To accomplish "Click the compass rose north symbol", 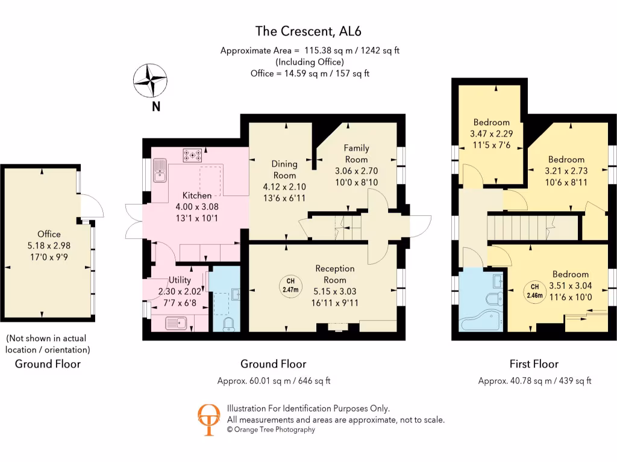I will [x=150, y=81].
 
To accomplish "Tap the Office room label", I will [x=49, y=234].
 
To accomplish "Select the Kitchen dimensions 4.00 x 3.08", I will [x=197, y=206].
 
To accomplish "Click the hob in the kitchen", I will [x=192, y=155].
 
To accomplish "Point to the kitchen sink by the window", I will [x=160, y=170].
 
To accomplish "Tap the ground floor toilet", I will [x=229, y=325].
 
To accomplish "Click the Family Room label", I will [x=356, y=153].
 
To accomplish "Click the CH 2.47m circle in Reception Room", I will [x=290, y=285].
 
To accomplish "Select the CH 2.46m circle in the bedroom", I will [x=534, y=291].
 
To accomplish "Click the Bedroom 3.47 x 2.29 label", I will [x=491, y=122].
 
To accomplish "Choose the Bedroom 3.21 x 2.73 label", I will [x=566, y=159].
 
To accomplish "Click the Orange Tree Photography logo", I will [x=208, y=419].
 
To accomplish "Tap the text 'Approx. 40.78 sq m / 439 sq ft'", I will [x=534, y=381].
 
